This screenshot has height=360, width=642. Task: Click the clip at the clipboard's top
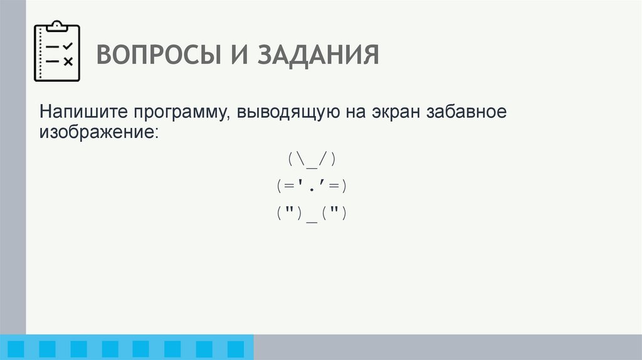click(x=57, y=26)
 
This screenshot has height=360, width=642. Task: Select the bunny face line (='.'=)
click(x=312, y=186)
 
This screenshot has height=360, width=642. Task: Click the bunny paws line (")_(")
click(x=312, y=213)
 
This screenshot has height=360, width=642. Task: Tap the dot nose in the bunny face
click(x=312, y=188)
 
